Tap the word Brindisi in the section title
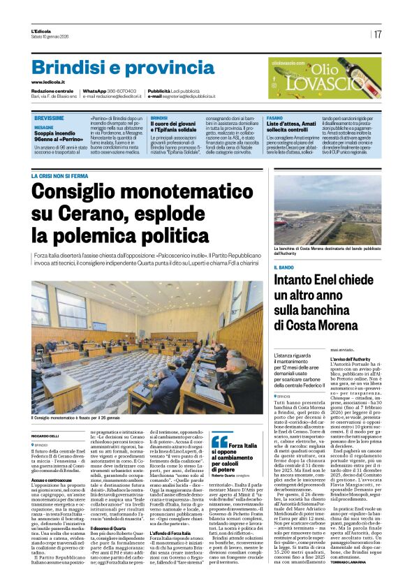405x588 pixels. coord(68,68)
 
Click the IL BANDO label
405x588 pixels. coord(283,267)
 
